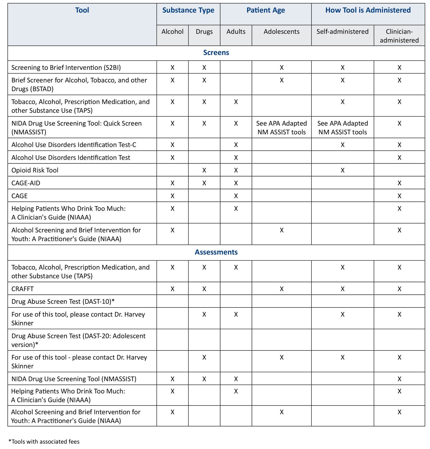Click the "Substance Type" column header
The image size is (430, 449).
[x=188, y=10]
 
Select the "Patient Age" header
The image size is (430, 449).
[x=266, y=10]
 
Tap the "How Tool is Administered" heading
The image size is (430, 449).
[x=368, y=10]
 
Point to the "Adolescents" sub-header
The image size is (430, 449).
[x=281, y=32]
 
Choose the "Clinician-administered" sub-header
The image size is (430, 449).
[x=399, y=36]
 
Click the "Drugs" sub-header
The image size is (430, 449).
[x=204, y=32]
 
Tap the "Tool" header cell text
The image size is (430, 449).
[x=82, y=10]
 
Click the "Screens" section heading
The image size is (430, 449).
[x=216, y=53]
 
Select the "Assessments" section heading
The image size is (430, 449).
[x=216, y=252]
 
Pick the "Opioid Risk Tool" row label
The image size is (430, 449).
[x=35, y=170]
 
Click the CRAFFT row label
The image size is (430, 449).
[x=23, y=289]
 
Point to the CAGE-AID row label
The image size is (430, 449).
[x=26, y=183]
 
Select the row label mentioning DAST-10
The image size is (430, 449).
[x=63, y=302]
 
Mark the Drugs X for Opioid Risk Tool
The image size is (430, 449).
[x=204, y=170]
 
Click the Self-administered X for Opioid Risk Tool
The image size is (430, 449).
[x=342, y=170]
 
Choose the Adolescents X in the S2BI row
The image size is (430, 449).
[x=281, y=68]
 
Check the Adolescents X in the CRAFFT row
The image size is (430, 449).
[x=281, y=289]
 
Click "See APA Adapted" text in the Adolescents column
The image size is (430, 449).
[x=281, y=124]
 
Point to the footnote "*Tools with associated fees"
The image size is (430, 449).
[x=44, y=441]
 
